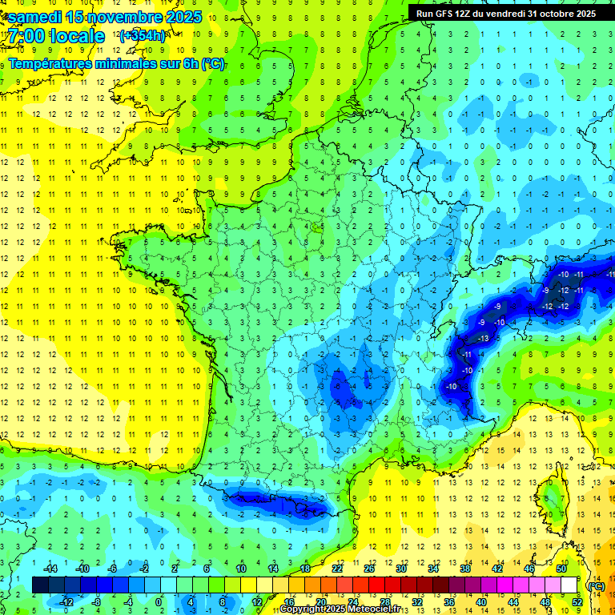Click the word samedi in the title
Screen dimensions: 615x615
(39, 16)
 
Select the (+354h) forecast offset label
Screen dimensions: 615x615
(142, 35)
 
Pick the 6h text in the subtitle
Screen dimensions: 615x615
(186, 63)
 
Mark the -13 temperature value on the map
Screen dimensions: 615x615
(482, 339)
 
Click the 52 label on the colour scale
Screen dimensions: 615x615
(577, 601)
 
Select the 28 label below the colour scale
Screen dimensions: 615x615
(384, 601)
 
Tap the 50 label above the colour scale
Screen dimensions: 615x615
(561, 569)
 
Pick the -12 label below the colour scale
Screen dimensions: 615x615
(67, 601)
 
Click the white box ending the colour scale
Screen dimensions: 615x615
(569, 585)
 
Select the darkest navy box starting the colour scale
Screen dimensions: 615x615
(40, 585)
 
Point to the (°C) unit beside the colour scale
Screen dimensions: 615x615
(596, 585)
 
